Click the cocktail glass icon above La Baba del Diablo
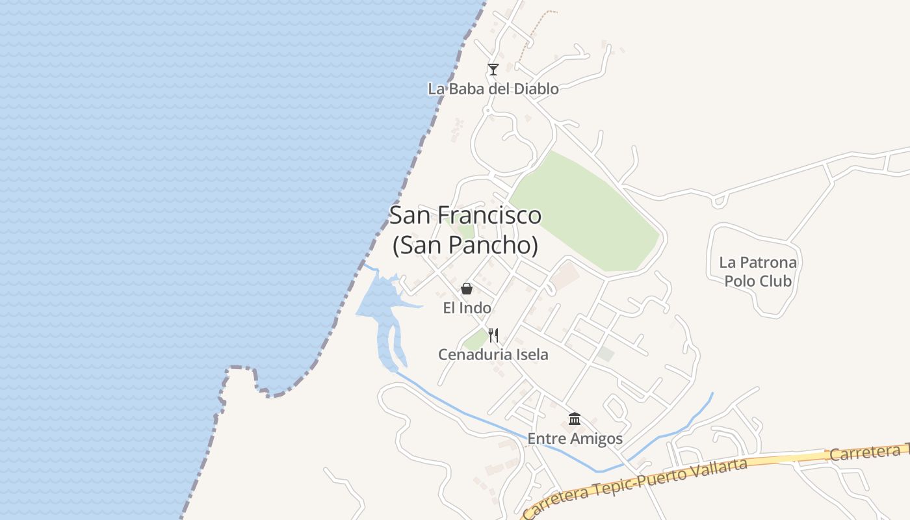click(493, 69)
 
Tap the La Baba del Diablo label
click(493, 89)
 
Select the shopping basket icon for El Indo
click(467, 289)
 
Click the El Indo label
click(467, 308)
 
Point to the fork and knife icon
click(494, 335)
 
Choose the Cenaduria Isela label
click(493, 355)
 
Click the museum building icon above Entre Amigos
click(575, 419)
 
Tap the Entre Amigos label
click(575, 439)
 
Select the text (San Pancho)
click(465, 246)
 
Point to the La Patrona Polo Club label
click(758, 272)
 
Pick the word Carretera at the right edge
click(868, 452)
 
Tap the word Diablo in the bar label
click(536, 89)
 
